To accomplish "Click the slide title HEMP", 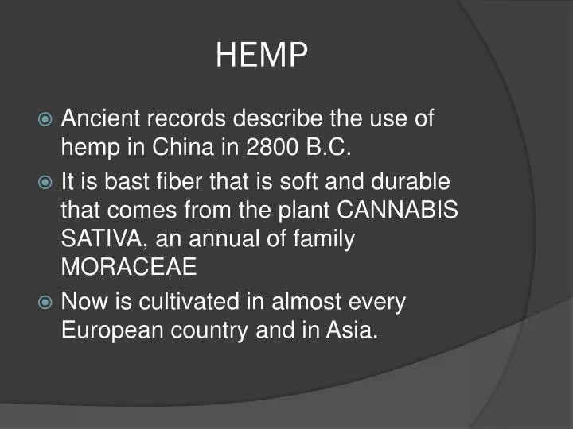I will pos(262,55).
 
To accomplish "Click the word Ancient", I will pos(100,119).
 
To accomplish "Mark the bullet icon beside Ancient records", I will pos(45,120).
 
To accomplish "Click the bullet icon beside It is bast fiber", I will pos(45,183).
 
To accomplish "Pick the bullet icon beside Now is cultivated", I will pos(45,302).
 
